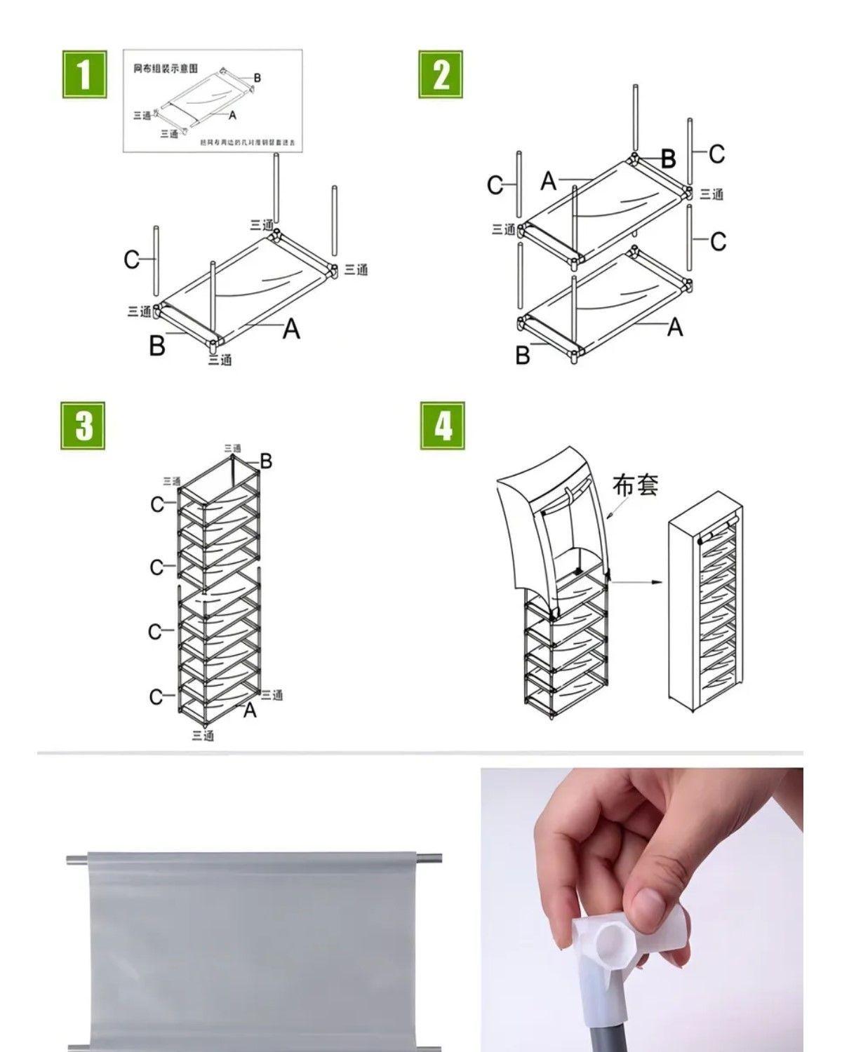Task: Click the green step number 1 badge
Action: pos(84,74)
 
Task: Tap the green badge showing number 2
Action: pos(441,74)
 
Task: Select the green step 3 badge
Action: pos(83,426)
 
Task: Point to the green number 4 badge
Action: pos(442,426)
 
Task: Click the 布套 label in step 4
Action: pos(635,485)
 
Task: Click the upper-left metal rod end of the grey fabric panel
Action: pos(76,858)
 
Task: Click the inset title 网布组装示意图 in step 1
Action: pos(166,69)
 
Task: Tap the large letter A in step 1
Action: pos(291,329)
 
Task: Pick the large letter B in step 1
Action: pos(157,346)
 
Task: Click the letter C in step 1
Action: pos(131,260)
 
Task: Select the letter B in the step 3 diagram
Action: pos(266,461)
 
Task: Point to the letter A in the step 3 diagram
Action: pos(250,711)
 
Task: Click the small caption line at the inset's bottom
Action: pos(249,142)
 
